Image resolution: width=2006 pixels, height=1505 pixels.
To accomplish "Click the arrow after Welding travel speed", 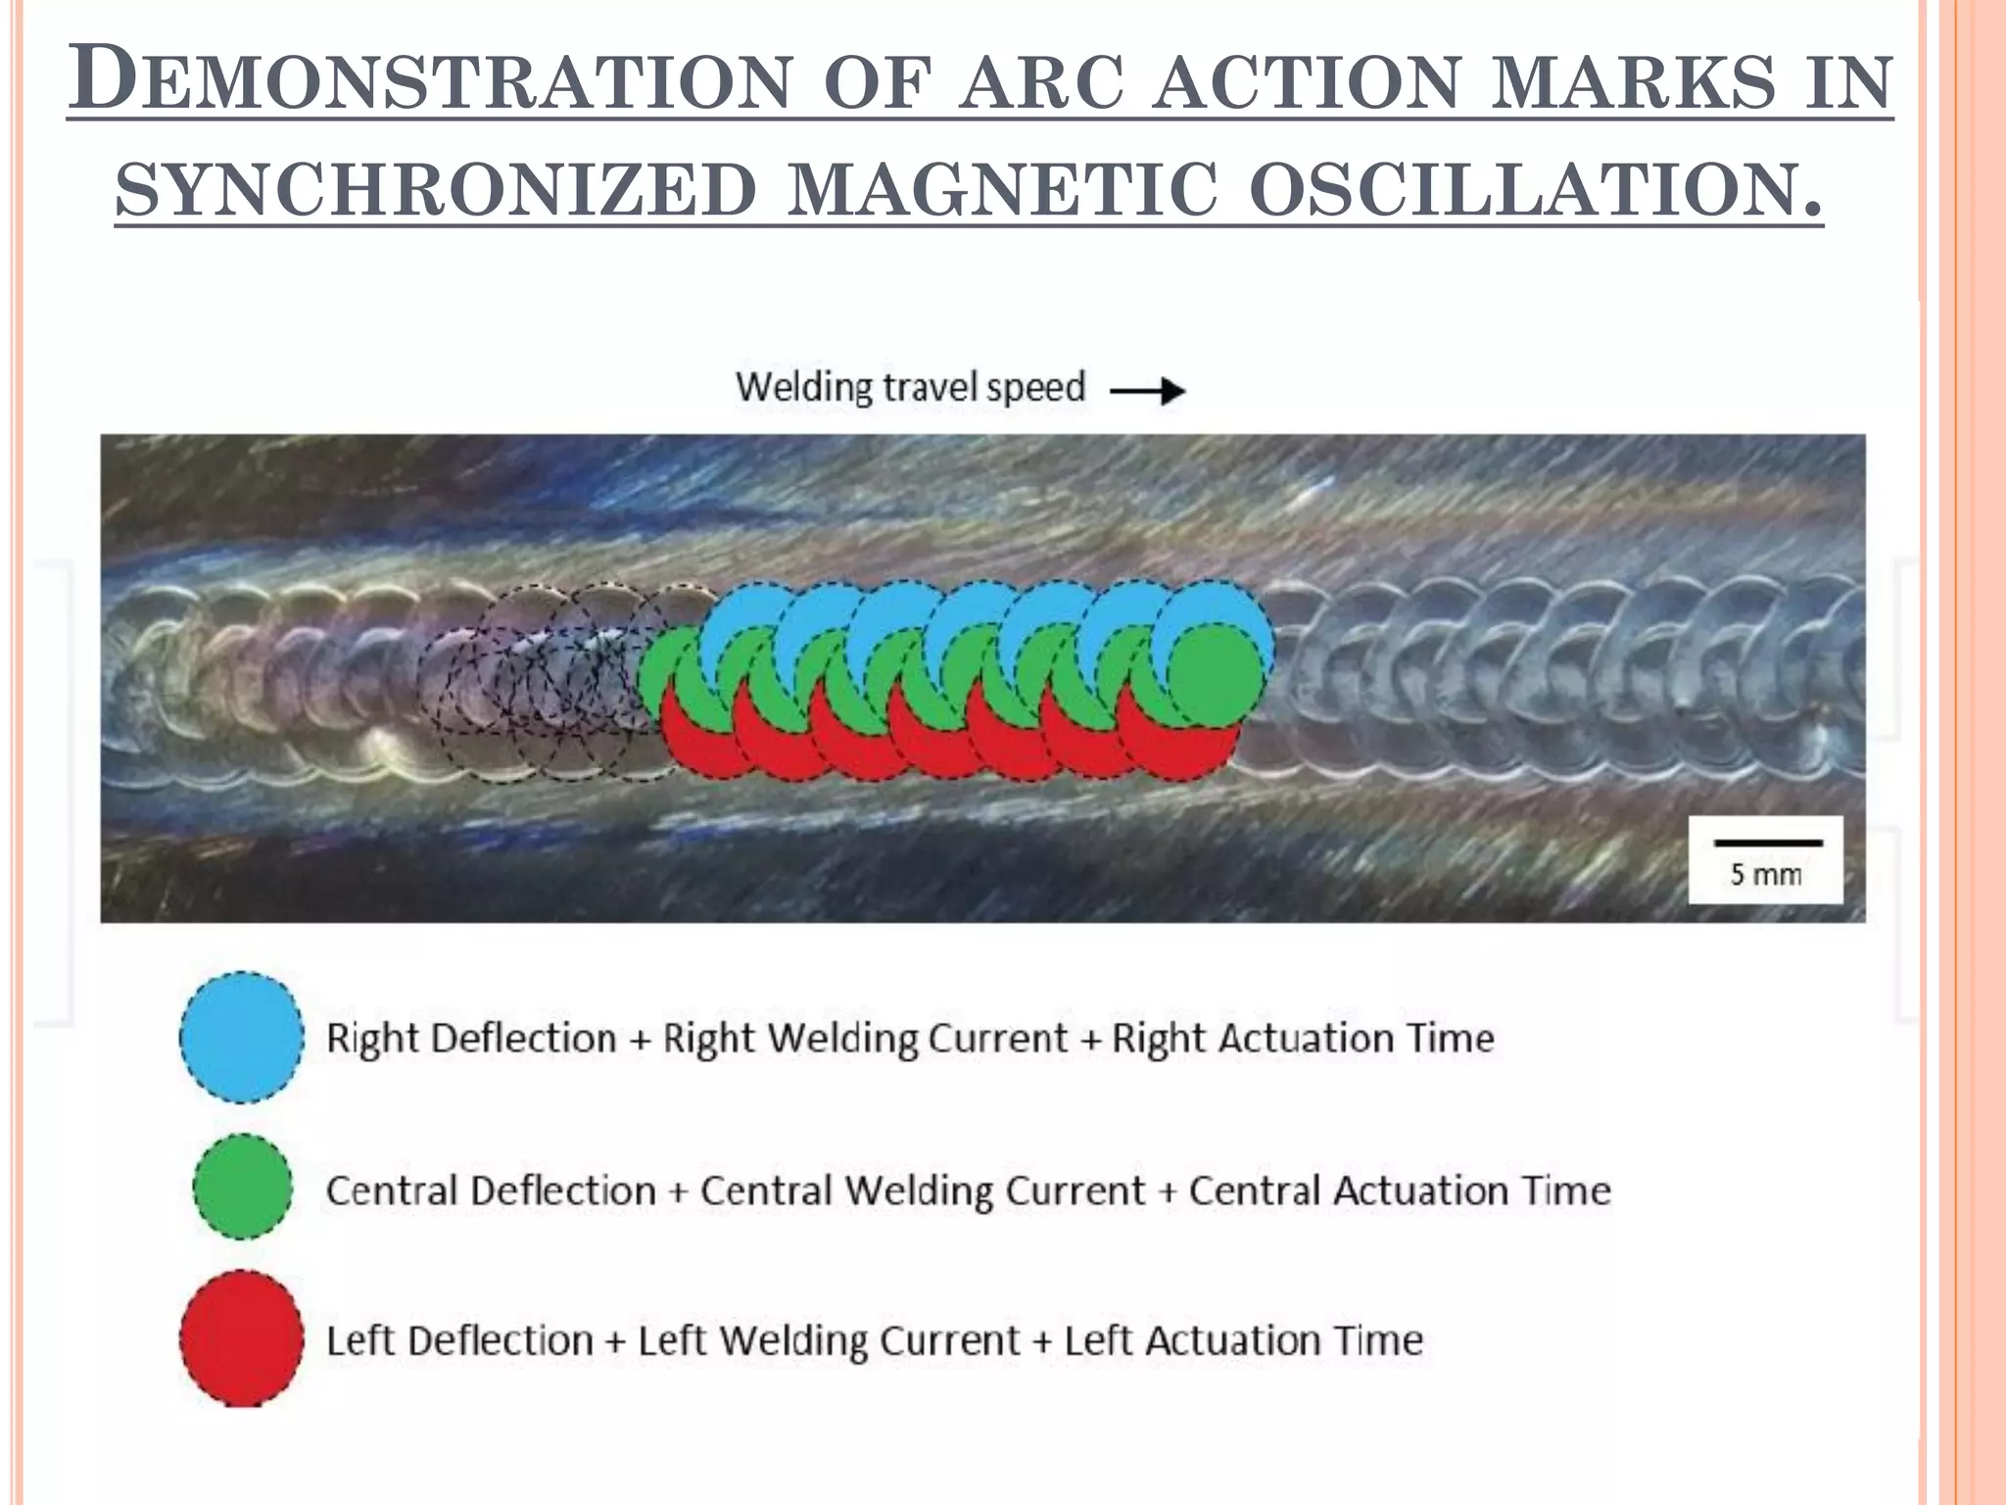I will click(x=1147, y=392).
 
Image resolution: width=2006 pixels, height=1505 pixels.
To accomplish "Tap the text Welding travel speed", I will click(x=910, y=388).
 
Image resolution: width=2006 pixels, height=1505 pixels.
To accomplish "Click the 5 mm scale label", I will click(x=1765, y=874).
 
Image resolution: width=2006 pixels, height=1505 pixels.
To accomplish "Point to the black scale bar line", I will click(x=1767, y=843).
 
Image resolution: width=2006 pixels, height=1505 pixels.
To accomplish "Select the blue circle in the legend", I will click(x=241, y=1037).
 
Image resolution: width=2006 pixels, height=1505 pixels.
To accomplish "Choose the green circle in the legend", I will click(x=242, y=1187).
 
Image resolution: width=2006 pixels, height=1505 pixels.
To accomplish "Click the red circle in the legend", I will click(x=241, y=1338).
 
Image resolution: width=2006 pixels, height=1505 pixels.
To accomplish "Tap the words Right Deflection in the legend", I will click(x=471, y=1039).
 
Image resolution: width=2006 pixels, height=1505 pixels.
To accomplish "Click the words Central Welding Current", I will click(x=922, y=1191).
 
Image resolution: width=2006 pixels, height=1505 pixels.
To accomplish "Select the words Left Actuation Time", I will click(x=1243, y=1340).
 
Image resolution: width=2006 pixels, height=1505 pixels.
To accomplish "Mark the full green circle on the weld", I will click(x=1215, y=676).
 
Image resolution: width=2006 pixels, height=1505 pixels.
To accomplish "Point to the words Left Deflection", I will click(x=459, y=1340).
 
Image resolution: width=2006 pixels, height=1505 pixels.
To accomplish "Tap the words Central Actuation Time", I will click(x=1400, y=1191).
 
